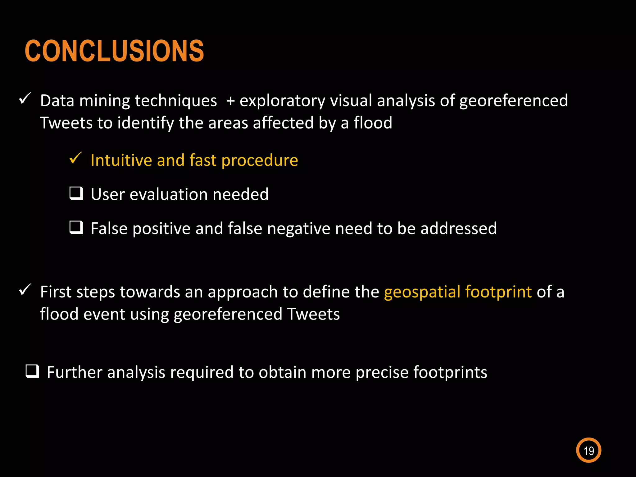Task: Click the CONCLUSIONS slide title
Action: (114, 51)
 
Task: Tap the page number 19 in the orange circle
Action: (588, 450)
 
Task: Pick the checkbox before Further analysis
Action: (32, 371)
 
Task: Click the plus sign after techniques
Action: (230, 101)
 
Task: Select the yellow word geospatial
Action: (422, 292)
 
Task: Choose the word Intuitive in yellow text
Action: (121, 160)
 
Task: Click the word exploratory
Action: (282, 101)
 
